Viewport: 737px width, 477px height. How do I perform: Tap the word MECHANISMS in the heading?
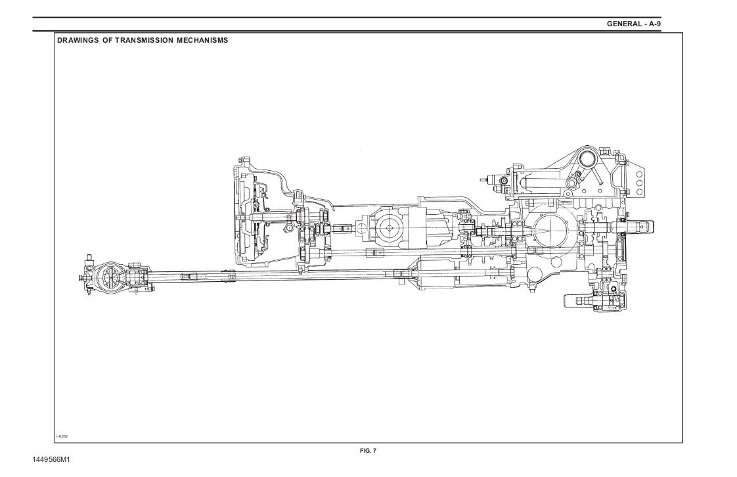click(202, 41)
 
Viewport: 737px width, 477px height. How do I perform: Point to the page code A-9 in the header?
click(655, 24)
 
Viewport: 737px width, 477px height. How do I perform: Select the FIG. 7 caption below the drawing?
click(368, 451)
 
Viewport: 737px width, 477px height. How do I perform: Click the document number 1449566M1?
click(51, 460)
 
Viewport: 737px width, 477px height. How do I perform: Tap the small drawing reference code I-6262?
click(62, 436)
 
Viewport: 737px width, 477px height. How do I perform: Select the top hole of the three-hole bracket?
click(638, 174)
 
